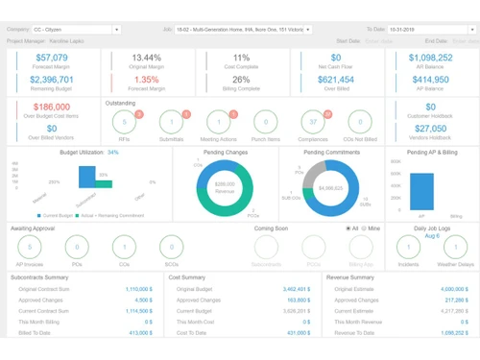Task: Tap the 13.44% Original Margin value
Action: tap(147, 59)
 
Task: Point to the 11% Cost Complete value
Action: tap(241, 59)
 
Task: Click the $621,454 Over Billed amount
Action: tap(336, 80)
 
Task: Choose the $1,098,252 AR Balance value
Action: tap(430, 59)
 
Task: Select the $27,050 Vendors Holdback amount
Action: tap(430, 129)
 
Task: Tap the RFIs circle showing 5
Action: tap(124, 122)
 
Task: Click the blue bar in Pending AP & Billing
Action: tap(421, 191)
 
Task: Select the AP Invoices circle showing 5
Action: tap(30, 248)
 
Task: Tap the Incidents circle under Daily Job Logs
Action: tap(408, 248)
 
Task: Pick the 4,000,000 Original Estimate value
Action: tap(454, 289)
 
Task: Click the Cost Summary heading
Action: tap(187, 277)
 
